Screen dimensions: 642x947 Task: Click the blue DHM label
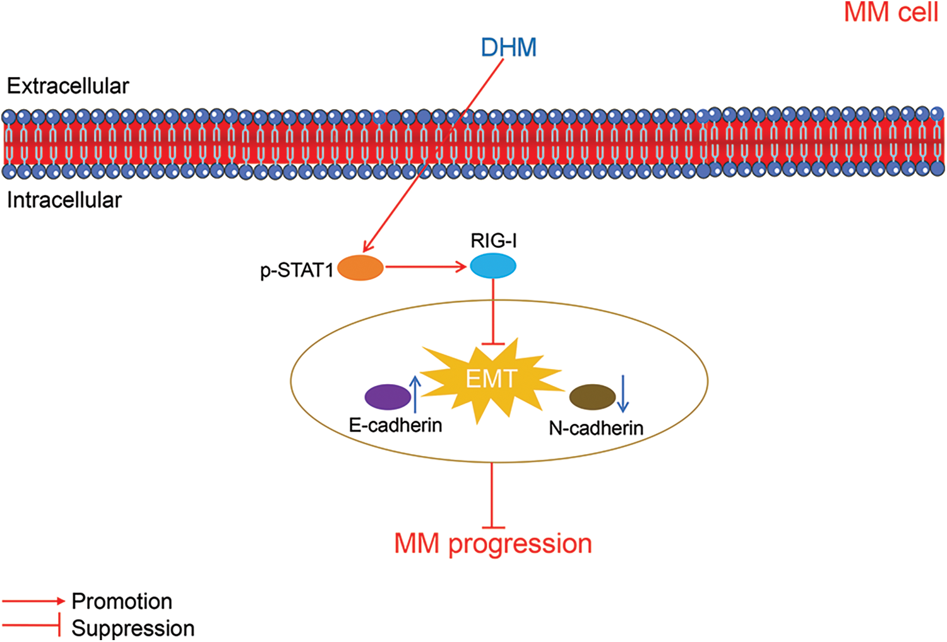(x=508, y=47)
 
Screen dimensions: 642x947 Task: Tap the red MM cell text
(x=891, y=12)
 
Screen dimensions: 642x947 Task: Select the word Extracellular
(x=68, y=86)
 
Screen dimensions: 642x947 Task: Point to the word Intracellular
(x=64, y=200)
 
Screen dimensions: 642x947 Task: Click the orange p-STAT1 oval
(x=360, y=267)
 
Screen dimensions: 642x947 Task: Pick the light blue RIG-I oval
(x=493, y=266)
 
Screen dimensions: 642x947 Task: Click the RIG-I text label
(x=494, y=240)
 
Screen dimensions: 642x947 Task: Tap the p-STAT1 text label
(x=297, y=270)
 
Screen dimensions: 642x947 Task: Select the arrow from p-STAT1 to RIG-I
(x=426, y=267)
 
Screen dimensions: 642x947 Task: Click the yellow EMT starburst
(x=492, y=378)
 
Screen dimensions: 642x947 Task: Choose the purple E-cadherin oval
(x=388, y=397)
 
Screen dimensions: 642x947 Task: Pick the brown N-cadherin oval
(x=592, y=397)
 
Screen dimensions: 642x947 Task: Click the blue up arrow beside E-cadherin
(x=415, y=394)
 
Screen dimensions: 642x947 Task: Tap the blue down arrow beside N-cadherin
(x=622, y=394)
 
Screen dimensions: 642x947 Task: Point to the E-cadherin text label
(x=395, y=425)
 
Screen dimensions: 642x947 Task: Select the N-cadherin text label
(x=596, y=428)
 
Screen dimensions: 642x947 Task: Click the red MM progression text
(x=493, y=544)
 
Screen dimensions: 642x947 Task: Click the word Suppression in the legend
(x=133, y=628)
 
